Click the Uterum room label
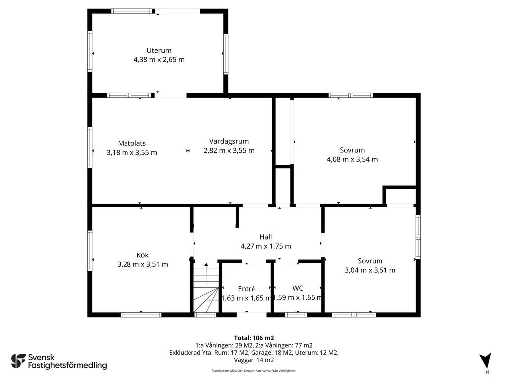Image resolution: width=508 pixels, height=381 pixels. click(159, 50)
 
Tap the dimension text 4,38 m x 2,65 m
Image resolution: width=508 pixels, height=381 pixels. click(159, 60)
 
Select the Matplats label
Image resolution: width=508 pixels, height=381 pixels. click(132, 143)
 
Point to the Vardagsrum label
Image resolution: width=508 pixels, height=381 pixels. click(229, 141)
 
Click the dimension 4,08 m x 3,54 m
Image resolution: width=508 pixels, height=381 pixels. click(352, 159)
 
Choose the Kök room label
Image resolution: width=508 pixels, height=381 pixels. click(142, 255)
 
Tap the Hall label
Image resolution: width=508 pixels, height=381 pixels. click(266, 237)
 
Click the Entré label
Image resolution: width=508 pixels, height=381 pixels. click(246, 289)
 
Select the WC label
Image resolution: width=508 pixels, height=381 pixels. click(298, 288)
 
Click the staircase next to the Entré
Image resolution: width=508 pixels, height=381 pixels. click(206, 288)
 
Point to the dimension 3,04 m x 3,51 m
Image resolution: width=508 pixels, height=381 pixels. click(370, 270)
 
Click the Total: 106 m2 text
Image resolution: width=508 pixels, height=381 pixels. click(254, 338)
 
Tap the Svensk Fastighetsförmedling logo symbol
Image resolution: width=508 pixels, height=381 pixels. click(18, 361)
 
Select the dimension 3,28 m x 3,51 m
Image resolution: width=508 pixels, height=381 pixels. click(142, 264)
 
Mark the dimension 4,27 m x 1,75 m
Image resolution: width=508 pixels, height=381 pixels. click(266, 246)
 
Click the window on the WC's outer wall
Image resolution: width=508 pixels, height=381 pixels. click(296, 314)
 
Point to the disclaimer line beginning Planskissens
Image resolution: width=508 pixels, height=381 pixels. click(254, 371)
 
